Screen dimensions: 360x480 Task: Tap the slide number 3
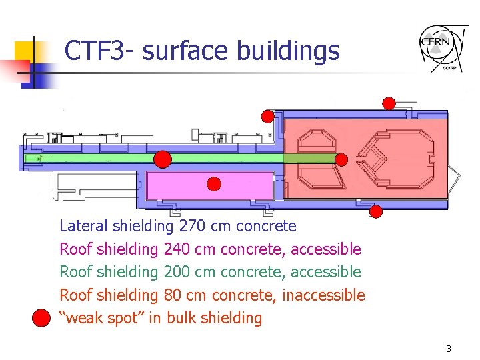click(449, 349)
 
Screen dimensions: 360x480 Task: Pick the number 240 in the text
click(176, 249)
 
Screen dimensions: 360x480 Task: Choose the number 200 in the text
click(176, 272)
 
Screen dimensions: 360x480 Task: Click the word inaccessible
click(323, 295)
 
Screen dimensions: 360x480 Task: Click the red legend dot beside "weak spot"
click(42, 317)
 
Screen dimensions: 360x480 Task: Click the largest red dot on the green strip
click(163, 159)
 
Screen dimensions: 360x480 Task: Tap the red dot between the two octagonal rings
click(341, 159)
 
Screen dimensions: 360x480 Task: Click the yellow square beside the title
click(25, 51)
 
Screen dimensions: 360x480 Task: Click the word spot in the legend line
click(131, 318)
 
